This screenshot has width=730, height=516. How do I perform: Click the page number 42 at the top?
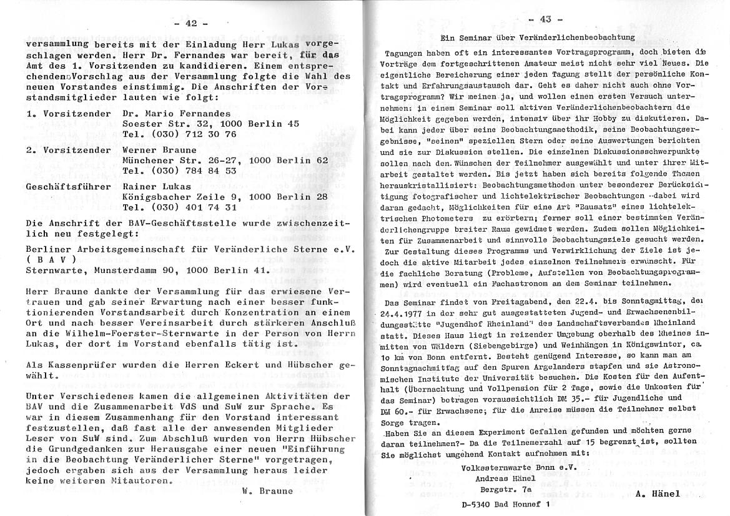tap(190, 23)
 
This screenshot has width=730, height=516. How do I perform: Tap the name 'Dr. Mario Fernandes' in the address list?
tap(177, 114)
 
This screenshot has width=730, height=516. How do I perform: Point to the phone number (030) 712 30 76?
tap(180, 134)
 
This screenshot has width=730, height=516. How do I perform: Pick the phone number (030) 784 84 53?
tap(180, 170)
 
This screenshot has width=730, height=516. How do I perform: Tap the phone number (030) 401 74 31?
tap(180, 207)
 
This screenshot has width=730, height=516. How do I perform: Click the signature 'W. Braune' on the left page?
tap(267, 491)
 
